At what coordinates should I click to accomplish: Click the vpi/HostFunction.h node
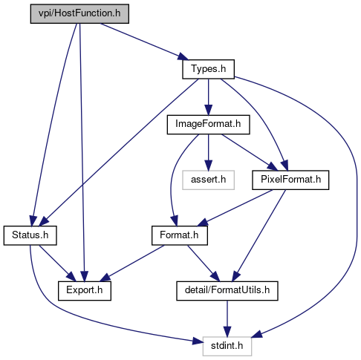(79, 13)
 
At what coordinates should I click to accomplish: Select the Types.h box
(208, 69)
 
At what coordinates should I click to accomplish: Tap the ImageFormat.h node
(208, 125)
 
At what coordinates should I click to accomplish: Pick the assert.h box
(208, 180)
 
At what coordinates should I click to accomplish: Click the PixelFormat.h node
(290, 180)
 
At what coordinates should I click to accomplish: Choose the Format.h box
(180, 235)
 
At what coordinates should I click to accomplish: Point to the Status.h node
(30, 235)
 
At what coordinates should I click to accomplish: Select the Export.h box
(85, 291)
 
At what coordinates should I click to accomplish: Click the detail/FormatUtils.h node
(227, 291)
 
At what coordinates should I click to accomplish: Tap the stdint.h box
(227, 346)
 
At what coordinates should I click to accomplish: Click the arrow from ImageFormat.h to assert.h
(208, 152)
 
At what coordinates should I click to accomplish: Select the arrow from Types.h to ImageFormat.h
(208, 97)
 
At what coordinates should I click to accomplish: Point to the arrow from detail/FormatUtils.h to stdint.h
(227, 318)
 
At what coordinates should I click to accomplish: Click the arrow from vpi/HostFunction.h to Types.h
(144, 42)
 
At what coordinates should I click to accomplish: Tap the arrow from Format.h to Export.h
(131, 264)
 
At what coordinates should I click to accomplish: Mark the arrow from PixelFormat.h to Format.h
(235, 208)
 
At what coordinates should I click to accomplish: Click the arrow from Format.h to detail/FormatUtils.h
(204, 264)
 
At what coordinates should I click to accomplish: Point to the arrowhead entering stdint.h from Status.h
(198, 342)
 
